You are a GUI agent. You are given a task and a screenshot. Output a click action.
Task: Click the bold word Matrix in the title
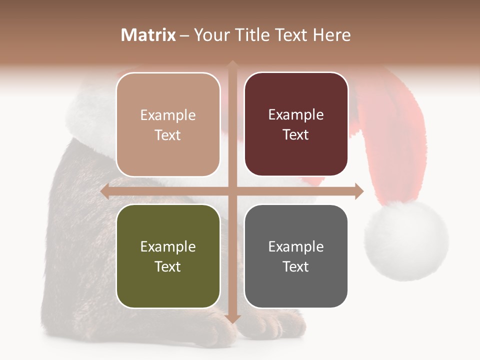[x=148, y=35]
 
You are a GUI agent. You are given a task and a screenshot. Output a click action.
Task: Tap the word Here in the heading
[x=331, y=35]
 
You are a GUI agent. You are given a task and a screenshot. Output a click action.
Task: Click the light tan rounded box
[x=168, y=124]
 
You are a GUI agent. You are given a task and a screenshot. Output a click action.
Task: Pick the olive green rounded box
[x=168, y=256]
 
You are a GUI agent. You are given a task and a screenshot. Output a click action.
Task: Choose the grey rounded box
[x=296, y=256]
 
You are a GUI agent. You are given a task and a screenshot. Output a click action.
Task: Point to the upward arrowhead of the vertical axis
[x=232, y=64]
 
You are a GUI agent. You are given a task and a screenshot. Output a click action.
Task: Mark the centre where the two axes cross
[x=232, y=191]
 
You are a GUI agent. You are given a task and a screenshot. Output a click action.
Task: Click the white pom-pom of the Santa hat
[x=406, y=240]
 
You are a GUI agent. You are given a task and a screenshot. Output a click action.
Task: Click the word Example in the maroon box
[x=296, y=114]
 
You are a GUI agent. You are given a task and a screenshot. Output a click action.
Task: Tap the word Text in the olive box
[x=167, y=266]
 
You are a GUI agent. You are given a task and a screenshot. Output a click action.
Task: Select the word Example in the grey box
[x=296, y=246]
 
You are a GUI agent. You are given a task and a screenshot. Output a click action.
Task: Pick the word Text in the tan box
[x=167, y=135]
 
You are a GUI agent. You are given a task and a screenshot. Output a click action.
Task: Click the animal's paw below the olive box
[x=215, y=327]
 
